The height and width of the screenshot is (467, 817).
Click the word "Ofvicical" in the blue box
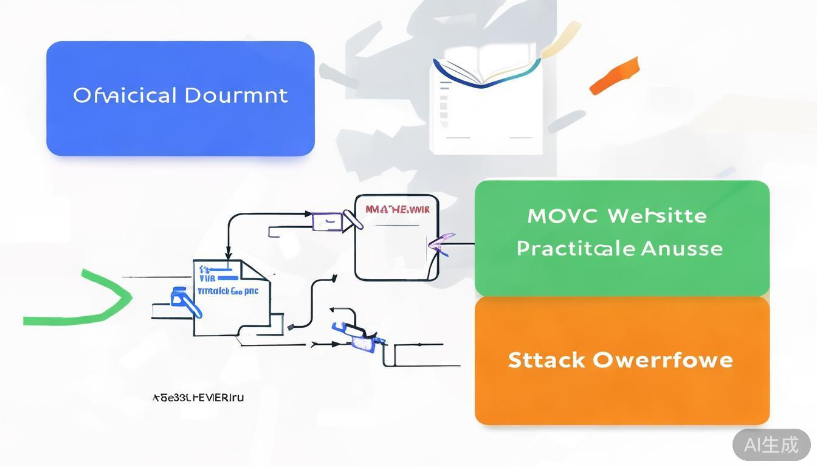(x=125, y=95)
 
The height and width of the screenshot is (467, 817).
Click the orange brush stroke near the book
(x=615, y=75)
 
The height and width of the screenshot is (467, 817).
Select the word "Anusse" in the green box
(x=682, y=248)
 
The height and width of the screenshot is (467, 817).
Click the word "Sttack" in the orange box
(x=546, y=360)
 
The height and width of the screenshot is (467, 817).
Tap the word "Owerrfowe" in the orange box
(x=663, y=360)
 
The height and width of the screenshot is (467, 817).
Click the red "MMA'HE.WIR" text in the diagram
(x=397, y=210)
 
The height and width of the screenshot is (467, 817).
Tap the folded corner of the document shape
(x=250, y=269)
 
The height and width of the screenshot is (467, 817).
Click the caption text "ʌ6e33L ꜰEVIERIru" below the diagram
(x=198, y=398)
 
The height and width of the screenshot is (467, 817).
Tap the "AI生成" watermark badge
(x=771, y=445)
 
